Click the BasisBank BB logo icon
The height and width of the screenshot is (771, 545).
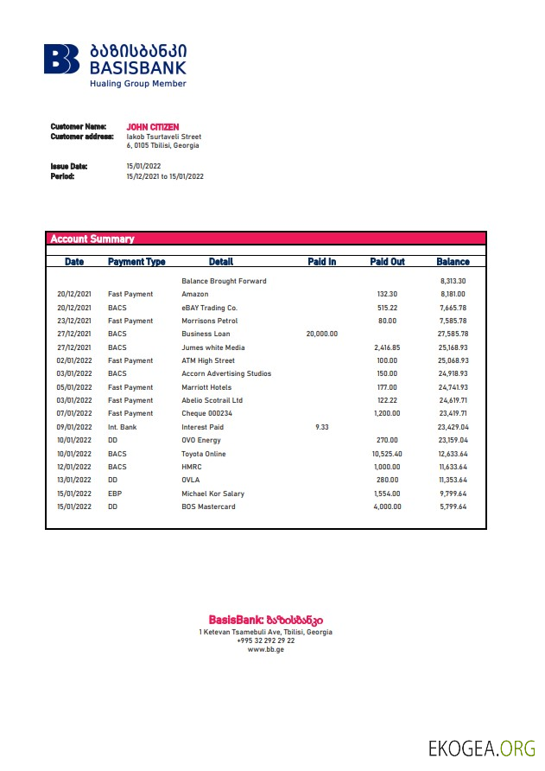coord(62,60)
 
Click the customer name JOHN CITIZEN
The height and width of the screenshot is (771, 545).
coord(152,127)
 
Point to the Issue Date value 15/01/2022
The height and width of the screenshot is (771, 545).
coord(143,166)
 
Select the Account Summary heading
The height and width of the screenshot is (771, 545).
coord(92,239)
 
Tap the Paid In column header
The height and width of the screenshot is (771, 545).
coord(321,261)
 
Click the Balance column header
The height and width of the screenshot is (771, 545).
coord(453,261)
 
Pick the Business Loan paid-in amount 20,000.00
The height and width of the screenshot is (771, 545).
coord(321,334)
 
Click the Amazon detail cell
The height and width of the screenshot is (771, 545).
coord(195,294)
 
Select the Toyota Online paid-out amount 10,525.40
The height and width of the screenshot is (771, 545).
coord(387,454)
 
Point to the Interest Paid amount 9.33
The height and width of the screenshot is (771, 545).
coord(321,427)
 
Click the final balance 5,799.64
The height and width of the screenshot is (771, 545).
coord(452,507)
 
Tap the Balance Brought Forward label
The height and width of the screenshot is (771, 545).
coord(224,281)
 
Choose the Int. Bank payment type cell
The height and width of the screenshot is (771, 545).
coord(123,427)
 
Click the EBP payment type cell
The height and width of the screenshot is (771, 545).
coord(115,494)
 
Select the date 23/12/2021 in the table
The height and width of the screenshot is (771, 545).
coord(74,321)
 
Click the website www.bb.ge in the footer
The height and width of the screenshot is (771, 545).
coord(265,649)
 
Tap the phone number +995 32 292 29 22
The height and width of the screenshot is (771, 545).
coord(265,640)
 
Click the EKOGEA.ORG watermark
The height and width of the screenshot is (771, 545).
coord(481,748)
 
